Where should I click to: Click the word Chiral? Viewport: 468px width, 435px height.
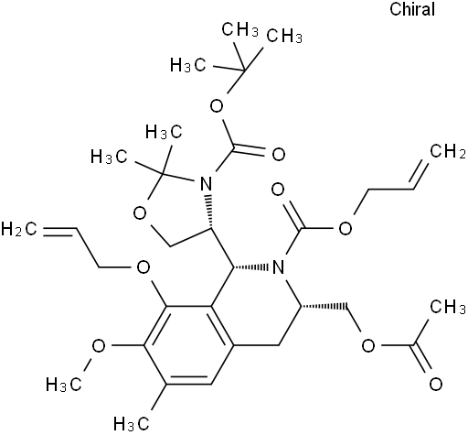tap(412, 9)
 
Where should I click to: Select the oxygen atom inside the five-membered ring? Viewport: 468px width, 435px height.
tap(140, 213)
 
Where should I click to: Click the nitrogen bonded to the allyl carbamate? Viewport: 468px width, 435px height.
tap(278, 267)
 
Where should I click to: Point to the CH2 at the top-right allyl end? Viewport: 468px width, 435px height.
tap(448, 151)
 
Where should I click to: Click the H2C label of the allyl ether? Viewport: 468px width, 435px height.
tap(19, 229)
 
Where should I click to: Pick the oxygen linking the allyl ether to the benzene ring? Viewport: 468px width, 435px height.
tap(144, 267)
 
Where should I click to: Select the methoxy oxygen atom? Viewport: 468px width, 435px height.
tap(99, 346)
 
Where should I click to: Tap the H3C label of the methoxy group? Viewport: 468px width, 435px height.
tap(64, 385)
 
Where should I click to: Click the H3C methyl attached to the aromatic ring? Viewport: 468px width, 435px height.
tap(132, 423)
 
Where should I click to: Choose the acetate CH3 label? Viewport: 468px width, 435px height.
tap(448, 307)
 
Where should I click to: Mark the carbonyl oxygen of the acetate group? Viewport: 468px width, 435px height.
tap(436, 385)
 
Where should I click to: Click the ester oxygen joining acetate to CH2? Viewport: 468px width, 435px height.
tap(368, 346)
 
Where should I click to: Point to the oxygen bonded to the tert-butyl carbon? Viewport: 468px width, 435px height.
tap(217, 107)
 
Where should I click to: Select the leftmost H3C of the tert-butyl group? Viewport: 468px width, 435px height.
tap(188, 65)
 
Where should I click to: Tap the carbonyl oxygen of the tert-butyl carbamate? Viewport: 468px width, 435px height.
tap(279, 155)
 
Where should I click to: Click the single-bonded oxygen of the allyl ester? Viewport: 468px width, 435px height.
tap(346, 228)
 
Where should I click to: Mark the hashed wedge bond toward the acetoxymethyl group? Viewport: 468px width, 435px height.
tap(324, 306)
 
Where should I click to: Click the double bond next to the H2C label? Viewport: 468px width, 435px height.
tap(59, 231)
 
